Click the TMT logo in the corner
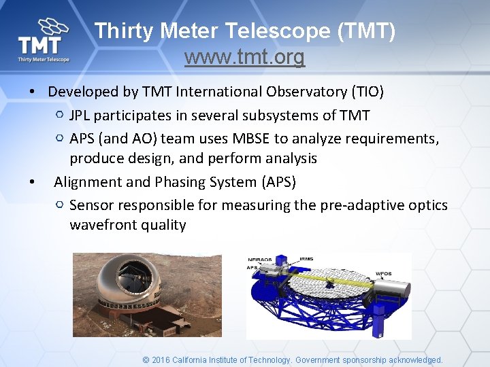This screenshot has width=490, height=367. point(44,41)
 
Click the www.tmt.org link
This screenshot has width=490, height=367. point(244,58)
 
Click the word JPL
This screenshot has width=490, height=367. point(81,115)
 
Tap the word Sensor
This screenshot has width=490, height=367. point(91,205)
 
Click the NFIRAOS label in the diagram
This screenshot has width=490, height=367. point(261,260)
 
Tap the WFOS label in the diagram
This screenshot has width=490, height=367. point(383,274)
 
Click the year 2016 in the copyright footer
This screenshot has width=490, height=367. point(161,360)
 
